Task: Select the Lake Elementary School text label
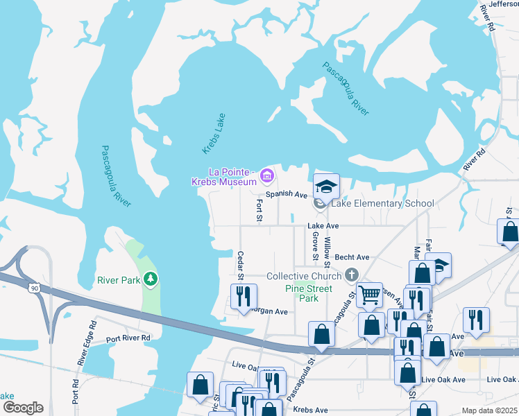coord(382,203)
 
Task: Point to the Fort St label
coord(259,210)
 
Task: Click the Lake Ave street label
coord(323,226)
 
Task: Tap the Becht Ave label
coord(352,257)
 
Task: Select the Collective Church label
coord(305,276)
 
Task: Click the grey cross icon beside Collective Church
coord(352,275)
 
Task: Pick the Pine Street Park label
coord(309,293)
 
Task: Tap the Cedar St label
coord(241,266)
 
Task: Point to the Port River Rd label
coord(128,338)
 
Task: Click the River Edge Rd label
coord(88,343)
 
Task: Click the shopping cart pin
coord(369,294)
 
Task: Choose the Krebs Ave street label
coord(310,410)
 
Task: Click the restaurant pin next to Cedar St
coord(244,296)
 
